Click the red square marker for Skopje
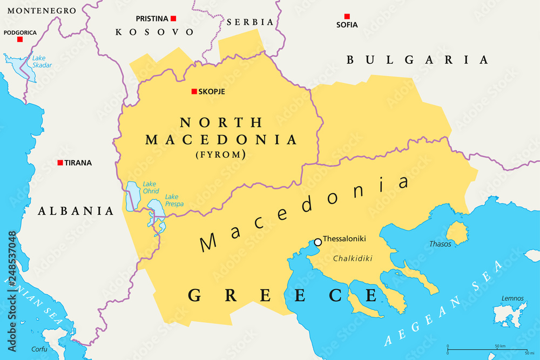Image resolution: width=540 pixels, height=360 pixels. pos(194,92)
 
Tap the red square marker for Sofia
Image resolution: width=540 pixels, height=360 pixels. pos(347,17)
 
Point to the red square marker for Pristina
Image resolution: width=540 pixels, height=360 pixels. pos(173,18)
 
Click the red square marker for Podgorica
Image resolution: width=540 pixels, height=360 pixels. pos(20,39)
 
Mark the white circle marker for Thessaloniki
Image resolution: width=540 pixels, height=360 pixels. pos(318,242)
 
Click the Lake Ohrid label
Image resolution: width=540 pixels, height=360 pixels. pos(150,187)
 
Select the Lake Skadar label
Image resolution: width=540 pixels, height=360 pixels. pos(42,62)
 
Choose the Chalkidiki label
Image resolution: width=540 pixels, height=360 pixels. pos(353,259)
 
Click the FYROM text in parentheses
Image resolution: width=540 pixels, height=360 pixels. pos(221,155)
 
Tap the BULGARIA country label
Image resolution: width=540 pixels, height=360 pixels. pos(417,60)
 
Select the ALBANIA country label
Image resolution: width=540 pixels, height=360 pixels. pos(76,211)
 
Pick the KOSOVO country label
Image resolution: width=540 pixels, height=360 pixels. pos(154,32)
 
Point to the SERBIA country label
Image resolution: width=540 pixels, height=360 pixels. pos(250,22)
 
